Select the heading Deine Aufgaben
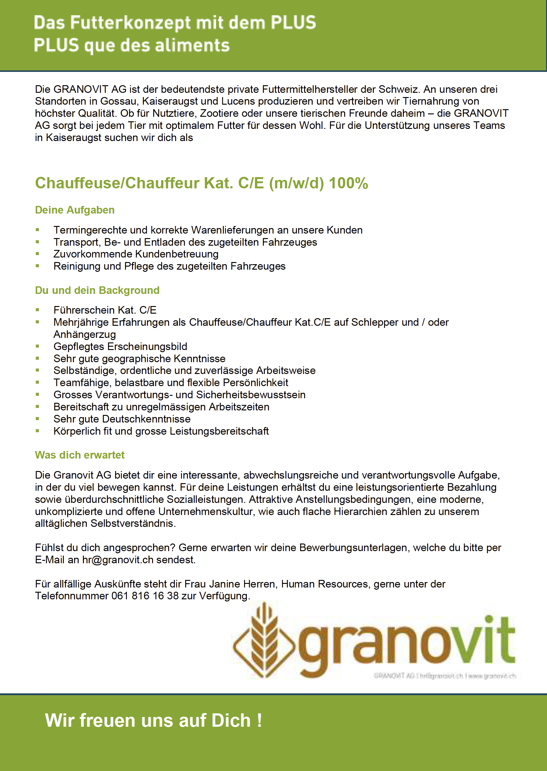pos(75,210)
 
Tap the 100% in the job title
pos(348,183)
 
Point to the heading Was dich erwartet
pos(80,455)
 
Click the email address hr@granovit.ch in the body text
pos(118,560)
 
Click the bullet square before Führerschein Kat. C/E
pos(37,310)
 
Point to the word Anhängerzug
pos(85,335)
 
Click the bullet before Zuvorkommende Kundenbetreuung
pos(37,254)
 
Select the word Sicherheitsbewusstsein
pos(251,395)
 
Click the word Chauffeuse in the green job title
pos(78,183)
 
